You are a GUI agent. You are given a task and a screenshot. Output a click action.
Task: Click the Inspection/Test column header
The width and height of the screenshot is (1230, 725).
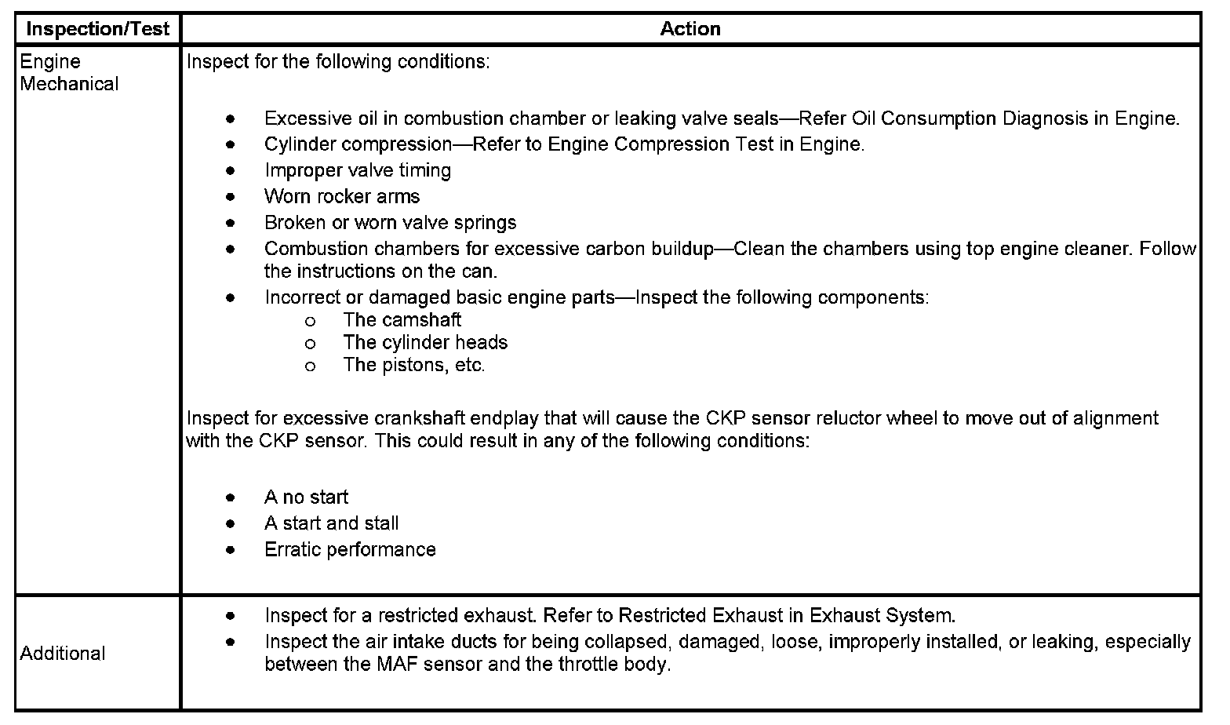98,29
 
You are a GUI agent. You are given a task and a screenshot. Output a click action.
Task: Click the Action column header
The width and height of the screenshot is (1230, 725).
690,29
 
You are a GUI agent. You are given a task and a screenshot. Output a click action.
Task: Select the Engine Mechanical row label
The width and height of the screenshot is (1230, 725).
69,73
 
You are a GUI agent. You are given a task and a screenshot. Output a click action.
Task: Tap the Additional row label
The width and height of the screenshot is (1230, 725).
63,654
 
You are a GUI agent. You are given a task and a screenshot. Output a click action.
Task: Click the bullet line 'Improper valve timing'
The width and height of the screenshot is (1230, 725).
358,170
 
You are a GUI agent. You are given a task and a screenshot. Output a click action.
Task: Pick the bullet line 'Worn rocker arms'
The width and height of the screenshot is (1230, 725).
342,196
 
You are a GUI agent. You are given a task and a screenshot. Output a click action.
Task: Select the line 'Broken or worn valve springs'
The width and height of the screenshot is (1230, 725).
391,223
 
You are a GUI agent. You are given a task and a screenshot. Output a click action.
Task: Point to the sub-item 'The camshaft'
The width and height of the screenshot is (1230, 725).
402,320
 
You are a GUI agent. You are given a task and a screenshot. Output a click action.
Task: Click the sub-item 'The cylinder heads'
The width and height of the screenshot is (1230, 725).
425,343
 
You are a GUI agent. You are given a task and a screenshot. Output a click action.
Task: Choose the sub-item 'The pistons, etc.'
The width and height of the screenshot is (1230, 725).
414,366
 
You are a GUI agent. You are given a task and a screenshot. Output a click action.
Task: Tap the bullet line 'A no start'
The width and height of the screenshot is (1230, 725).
307,497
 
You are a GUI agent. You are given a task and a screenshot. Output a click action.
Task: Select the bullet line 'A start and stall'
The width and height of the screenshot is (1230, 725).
332,523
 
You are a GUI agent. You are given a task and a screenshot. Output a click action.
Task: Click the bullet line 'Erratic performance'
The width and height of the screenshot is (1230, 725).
350,549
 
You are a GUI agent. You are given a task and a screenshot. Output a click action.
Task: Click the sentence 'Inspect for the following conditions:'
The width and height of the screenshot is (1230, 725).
338,62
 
